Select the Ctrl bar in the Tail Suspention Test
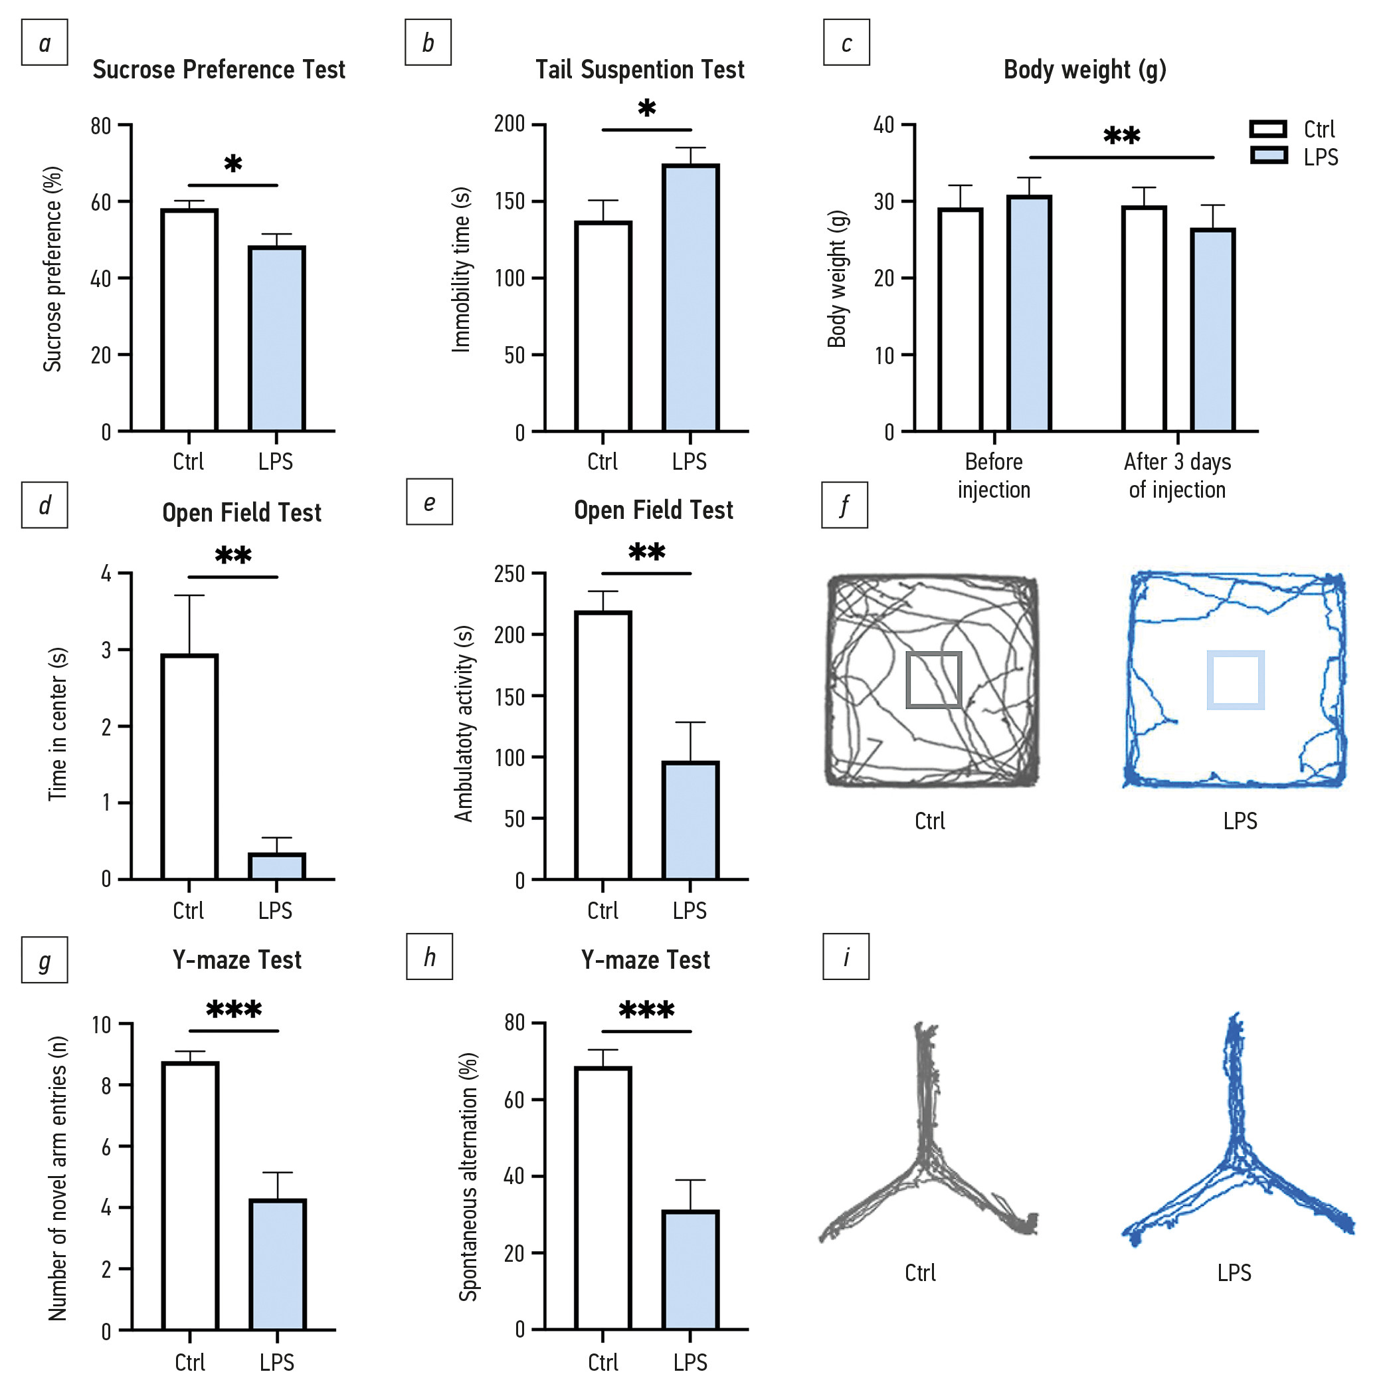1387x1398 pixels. click(x=602, y=326)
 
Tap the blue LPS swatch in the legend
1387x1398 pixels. click(x=1268, y=155)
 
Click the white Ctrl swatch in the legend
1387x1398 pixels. click(x=1268, y=129)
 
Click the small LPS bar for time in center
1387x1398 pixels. click(x=276, y=866)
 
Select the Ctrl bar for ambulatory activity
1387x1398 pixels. click(x=602, y=746)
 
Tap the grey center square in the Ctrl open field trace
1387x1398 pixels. click(x=933, y=680)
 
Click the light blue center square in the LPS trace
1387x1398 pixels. click(x=1235, y=680)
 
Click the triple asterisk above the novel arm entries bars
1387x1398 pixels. click(x=234, y=1009)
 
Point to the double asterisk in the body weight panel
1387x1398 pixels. click(x=1121, y=136)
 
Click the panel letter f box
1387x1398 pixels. click(x=844, y=505)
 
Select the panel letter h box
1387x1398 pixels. click(x=429, y=957)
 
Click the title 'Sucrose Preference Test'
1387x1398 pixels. click(x=219, y=70)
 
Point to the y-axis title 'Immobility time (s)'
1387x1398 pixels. click(x=461, y=270)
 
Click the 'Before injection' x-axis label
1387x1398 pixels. click(x=993, y=475)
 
